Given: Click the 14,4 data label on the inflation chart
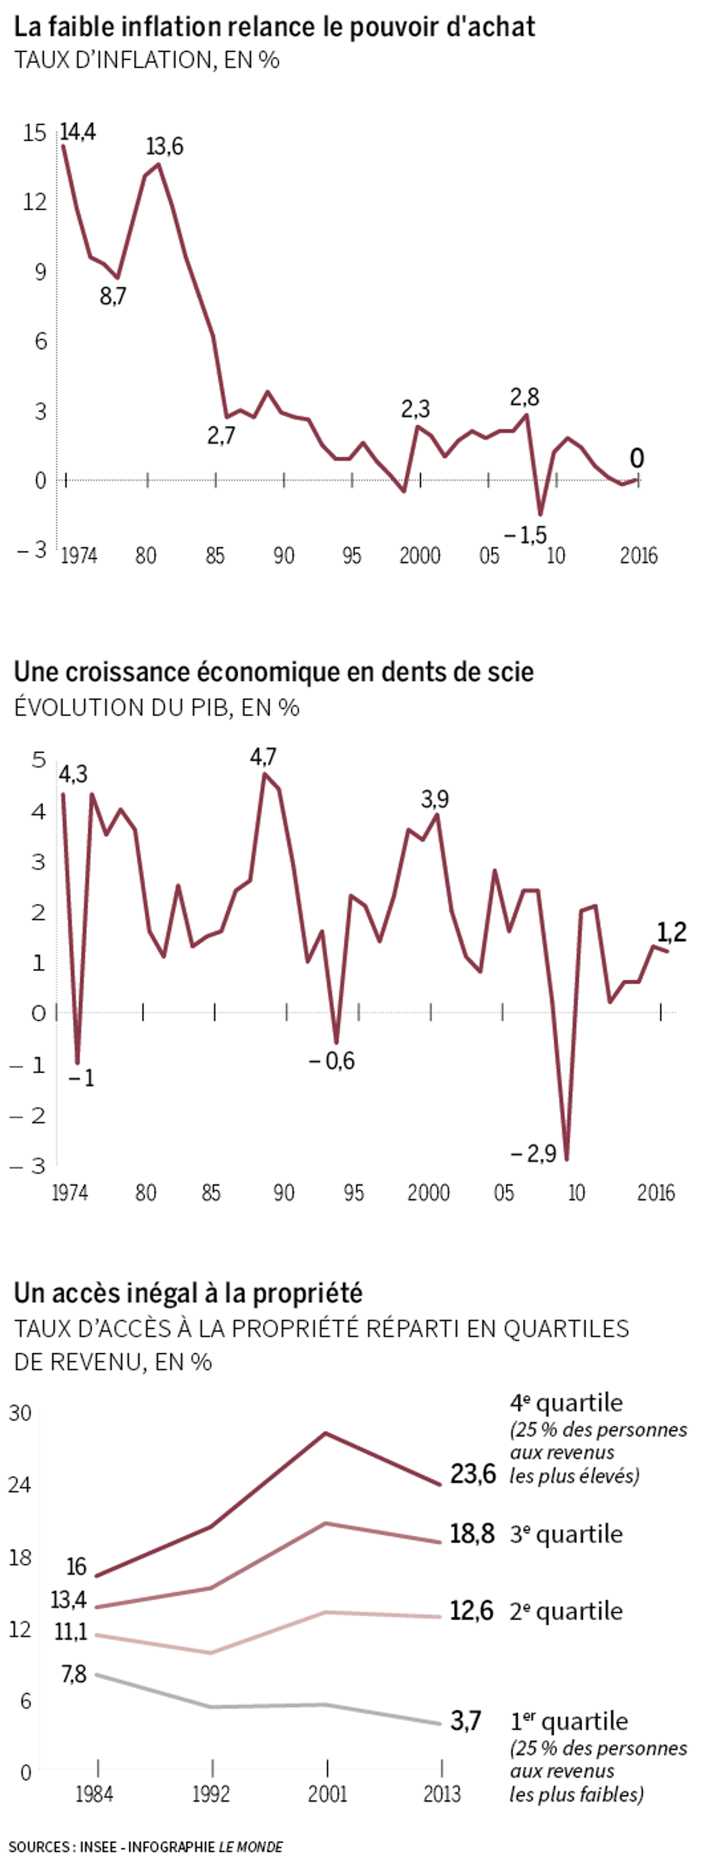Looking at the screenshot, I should (x=78, y=132).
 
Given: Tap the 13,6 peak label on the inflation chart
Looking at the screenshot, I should (x=164, y=147).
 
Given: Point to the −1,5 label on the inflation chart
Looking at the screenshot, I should (x=525, y=535).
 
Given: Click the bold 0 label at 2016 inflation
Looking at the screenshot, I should (x=636, y=458).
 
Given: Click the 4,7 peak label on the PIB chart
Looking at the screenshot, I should (x=263, y=756).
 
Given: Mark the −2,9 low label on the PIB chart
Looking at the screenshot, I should (x=533, y=1154).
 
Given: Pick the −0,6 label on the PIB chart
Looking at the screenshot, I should (x=332, y=1061).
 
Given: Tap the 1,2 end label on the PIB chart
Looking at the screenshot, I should (x=672, y=933).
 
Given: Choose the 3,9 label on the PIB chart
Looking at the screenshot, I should (x=435, y=799).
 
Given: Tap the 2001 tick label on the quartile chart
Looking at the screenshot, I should (x=328, y=1794).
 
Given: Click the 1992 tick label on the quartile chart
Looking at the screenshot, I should (x=211, y=1794).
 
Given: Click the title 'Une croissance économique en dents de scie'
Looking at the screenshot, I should (x=274, y=672).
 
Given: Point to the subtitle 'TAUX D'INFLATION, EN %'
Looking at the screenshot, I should (x=147, y=60).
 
